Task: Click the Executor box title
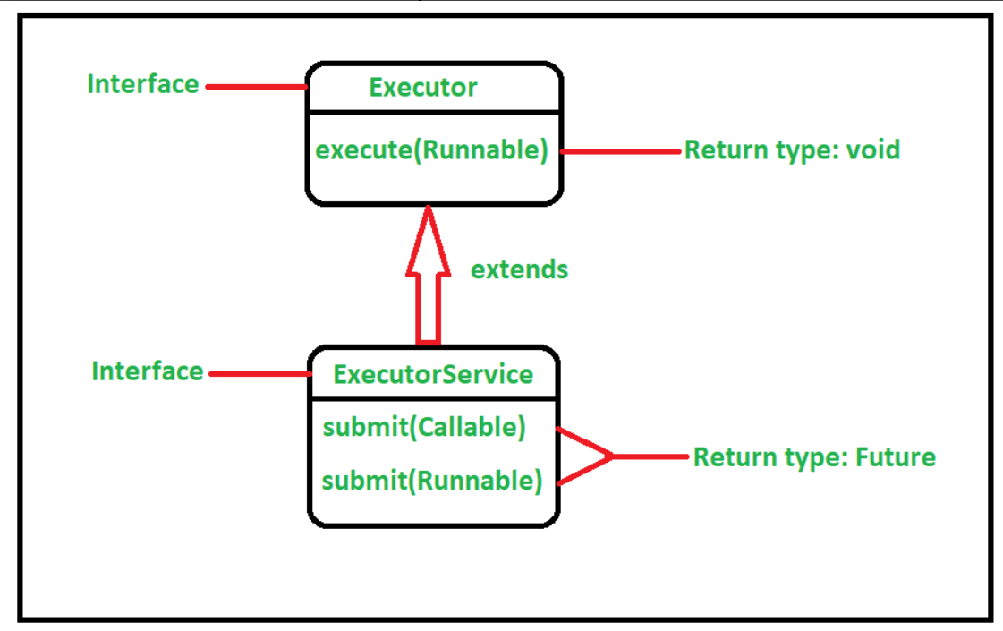tap(423, 88)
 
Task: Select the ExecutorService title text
tap(433, 374)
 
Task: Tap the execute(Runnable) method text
tap(431, 150)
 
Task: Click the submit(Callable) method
tap(424, 428)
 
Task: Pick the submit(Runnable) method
tap(432, 482)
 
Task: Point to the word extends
tap(519, 269)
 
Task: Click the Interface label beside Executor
tap(143, 84)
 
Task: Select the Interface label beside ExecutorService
tap(148, 371)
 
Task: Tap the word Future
tap(896, 457)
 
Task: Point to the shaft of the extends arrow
tap(429, 309)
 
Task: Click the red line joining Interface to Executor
tap(256, 87)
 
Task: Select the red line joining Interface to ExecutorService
tap(259, 374)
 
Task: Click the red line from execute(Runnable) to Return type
tap(621, 151)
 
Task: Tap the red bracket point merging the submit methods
tap(611, 456)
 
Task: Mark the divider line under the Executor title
tap(434, 113)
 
